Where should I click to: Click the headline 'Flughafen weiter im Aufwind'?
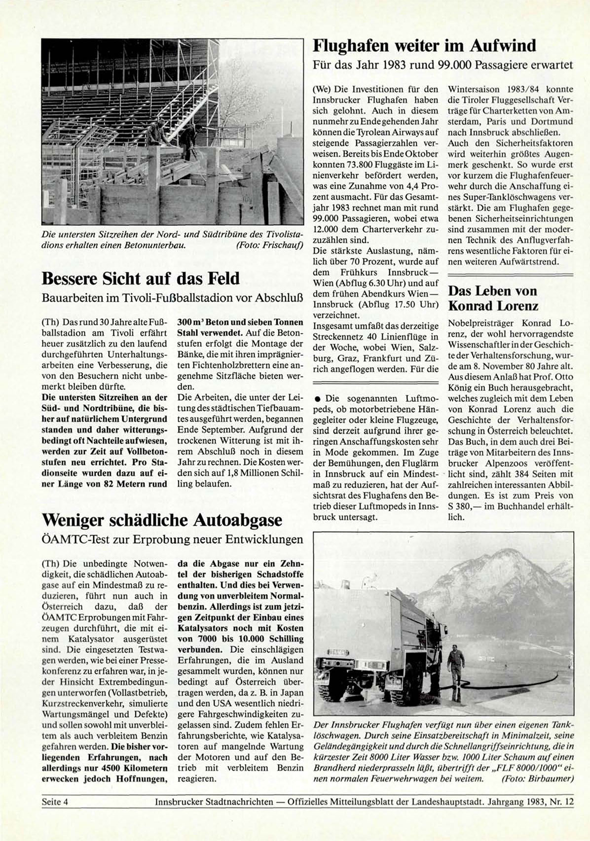[x=425, y=46]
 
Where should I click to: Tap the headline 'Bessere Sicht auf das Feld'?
[x=140, y=279]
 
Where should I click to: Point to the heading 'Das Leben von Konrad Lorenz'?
[x=492, y=298]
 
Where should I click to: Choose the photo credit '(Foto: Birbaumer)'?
[x=537, y=778]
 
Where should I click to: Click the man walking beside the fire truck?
[x=456, y=666]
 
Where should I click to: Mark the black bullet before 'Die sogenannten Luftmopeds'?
[x=318, y=398]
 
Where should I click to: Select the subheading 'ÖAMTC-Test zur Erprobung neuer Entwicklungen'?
[x=172, y=539]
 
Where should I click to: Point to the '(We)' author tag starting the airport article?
[x=322, y=90]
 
